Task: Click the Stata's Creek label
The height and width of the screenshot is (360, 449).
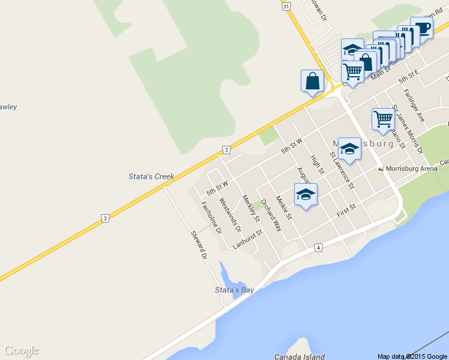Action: [151, 176]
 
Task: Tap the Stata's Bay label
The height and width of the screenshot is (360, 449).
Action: [235, 290]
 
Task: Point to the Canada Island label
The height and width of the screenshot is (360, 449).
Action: [300, 356]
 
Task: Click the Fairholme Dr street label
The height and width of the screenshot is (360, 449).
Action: [211, 218]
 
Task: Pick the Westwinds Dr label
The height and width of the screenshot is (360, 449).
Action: [230, 215]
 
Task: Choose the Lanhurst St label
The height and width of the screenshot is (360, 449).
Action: [248, 239]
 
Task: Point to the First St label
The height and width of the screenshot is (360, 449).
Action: [347, 210]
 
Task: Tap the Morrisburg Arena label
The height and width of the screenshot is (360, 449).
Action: [411, 169]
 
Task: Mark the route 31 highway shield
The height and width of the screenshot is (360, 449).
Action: [286, 5]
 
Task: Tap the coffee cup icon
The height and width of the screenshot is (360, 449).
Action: [422, 28]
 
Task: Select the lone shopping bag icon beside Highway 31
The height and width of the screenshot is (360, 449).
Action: [312, 80]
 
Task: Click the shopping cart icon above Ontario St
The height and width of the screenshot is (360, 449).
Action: [383, 118]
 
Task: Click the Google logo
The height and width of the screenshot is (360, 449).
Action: [22, 350]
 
